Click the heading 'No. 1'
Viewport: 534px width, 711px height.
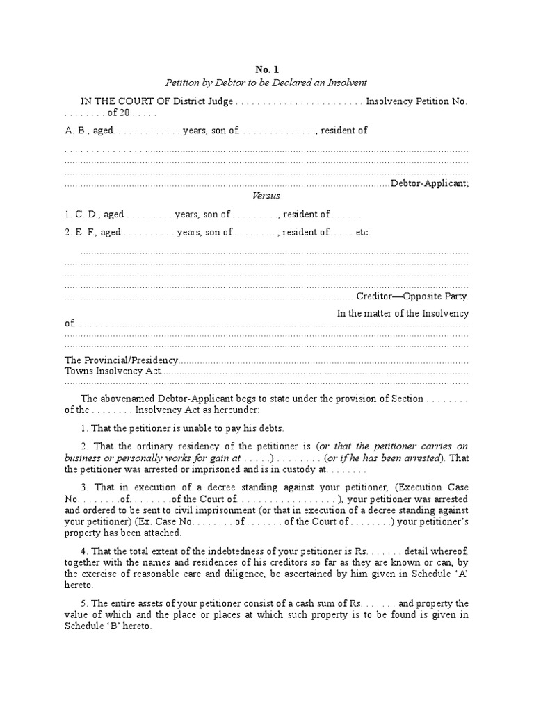click(x=266, y=69)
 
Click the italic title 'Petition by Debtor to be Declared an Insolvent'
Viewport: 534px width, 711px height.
click(x=266, y=83)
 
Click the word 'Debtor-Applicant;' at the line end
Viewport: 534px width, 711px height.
click(x=430, y=183)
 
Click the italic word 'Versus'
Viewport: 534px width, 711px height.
click(x=266, y=196)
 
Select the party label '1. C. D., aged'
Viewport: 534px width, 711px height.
click(x=94, y=215)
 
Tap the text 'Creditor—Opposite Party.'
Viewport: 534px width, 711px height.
click(x=412, y=295)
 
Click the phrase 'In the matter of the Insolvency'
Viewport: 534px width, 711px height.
click(x=403, y=313)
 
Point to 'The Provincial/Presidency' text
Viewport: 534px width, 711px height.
click(x=122, y=360)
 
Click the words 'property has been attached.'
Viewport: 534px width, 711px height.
click(x=123, y=533)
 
